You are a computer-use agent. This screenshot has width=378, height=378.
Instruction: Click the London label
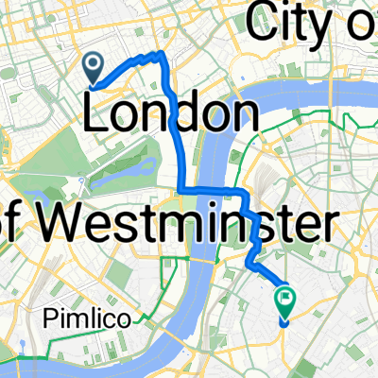(x=173, y=115)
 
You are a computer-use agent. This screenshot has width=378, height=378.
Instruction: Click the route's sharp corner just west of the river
(x=181, y=190)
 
